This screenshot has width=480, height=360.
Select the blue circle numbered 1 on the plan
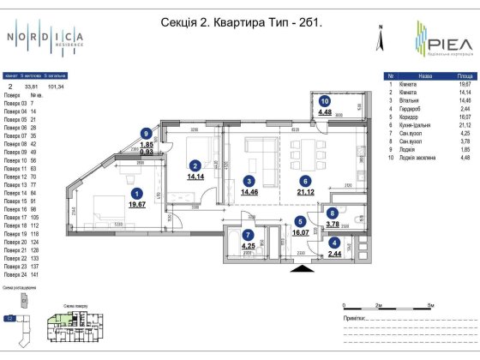click(x=136, y=195)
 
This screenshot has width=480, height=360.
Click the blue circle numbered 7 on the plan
click(x=248, y=235)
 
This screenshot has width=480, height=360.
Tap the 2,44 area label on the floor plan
click(x=333, y=255)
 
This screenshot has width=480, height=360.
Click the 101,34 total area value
click(x=58, y=86)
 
